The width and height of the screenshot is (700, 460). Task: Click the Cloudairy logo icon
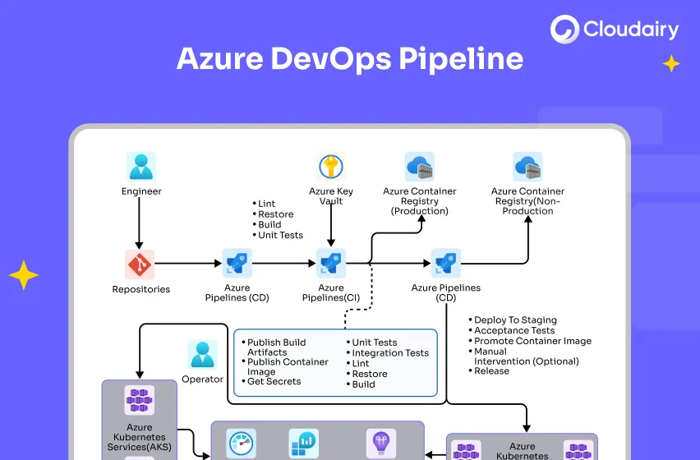pyautogui.click(x=565, y=30)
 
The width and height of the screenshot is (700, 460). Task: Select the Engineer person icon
pyautogui.click(x=140, y=166)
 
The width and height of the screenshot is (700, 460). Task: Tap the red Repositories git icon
pyautogui.click(x=140, y=264)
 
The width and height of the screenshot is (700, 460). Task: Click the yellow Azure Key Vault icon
pyautogui.click(x=331, y=166)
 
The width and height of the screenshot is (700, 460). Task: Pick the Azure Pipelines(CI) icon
pyautogui.click(x=331, y=264)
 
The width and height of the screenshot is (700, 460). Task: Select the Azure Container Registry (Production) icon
pyautogui.click(x=419, y=166)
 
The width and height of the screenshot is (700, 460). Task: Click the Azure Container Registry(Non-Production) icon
pyautogui.click(x=527, y=166)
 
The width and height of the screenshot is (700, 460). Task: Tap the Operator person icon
pyautogui.click(x=202, y=354)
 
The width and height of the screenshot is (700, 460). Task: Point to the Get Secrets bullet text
pyautogui.click(x=274, y=381)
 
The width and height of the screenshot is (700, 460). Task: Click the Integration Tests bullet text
pyautogui.click(x=390, y=353)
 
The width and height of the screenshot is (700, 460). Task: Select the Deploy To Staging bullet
pyautogui.click(x=515, y=320)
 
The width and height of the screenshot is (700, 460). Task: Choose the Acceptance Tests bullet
pyautogui.click(x=514, y=330)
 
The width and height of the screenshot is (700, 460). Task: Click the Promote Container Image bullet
pyautogui.click(x=532, y=341)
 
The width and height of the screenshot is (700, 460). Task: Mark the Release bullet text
pyautogui.click(x=491, y=371)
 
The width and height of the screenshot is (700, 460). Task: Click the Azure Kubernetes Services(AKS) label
pyautogui.click(x=139, y=434)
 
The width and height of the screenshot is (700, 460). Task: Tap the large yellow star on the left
pyautogui.click(x=23, y=275)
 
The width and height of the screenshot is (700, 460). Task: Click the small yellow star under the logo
pyautogui.click(x=671, y=63)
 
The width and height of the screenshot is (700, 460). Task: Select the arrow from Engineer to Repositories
pyautogui.click(x=140, y=223)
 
